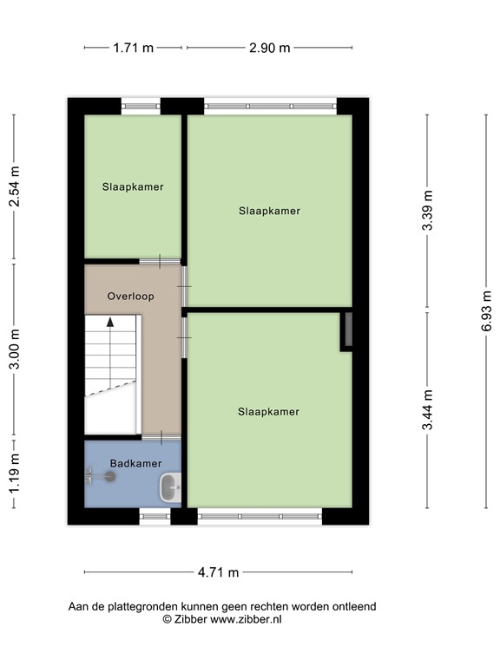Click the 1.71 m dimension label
pyautogui.click(x=134, y=48)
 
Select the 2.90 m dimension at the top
pyautogui.click(x=269, y=48)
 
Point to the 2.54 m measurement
pyautogui.click(x=15, y=186)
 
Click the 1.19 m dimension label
pyautogui.click(x=15, y=475)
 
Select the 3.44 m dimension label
pyautogui.click(x=427, y=411)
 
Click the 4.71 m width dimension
pyautogui.click(x=218, y=572)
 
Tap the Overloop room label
pyautogui.click(x=130, y=296)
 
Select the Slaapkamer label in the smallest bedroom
pyautogui.click(x=133, y=186)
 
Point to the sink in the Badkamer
pyautogui.click(x=170, y=488)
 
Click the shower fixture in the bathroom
pyautogui.click(x=109, y=475)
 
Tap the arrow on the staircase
pyautogui.click(x=110, y=322)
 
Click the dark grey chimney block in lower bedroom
pyautogui.click(x=347, y=330)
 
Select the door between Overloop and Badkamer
pyautogui.click(x=161, y=434)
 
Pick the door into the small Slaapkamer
pyautogui.click(x=161, y=260)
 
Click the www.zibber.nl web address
pyautogui.click(x=246, y=620)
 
